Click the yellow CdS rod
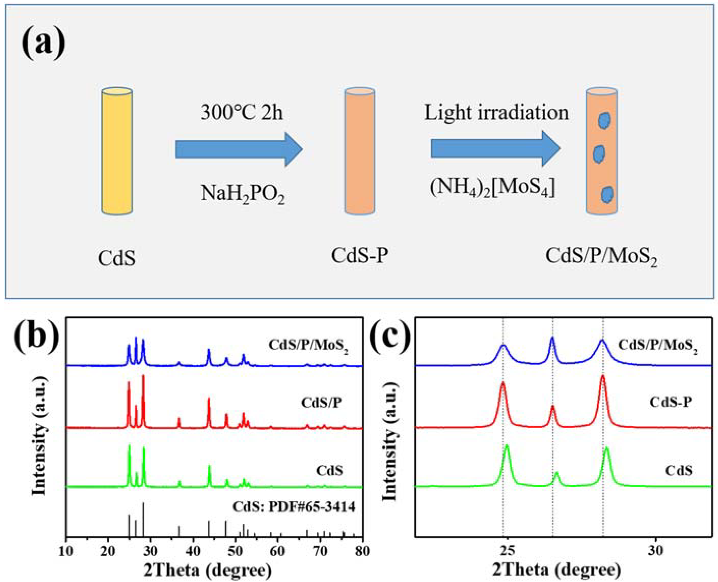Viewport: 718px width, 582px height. point(117,151)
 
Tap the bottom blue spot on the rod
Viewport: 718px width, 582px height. point(607,195)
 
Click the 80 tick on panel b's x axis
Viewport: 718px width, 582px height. point(362,551)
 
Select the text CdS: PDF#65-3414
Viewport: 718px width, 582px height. point(294,507)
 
